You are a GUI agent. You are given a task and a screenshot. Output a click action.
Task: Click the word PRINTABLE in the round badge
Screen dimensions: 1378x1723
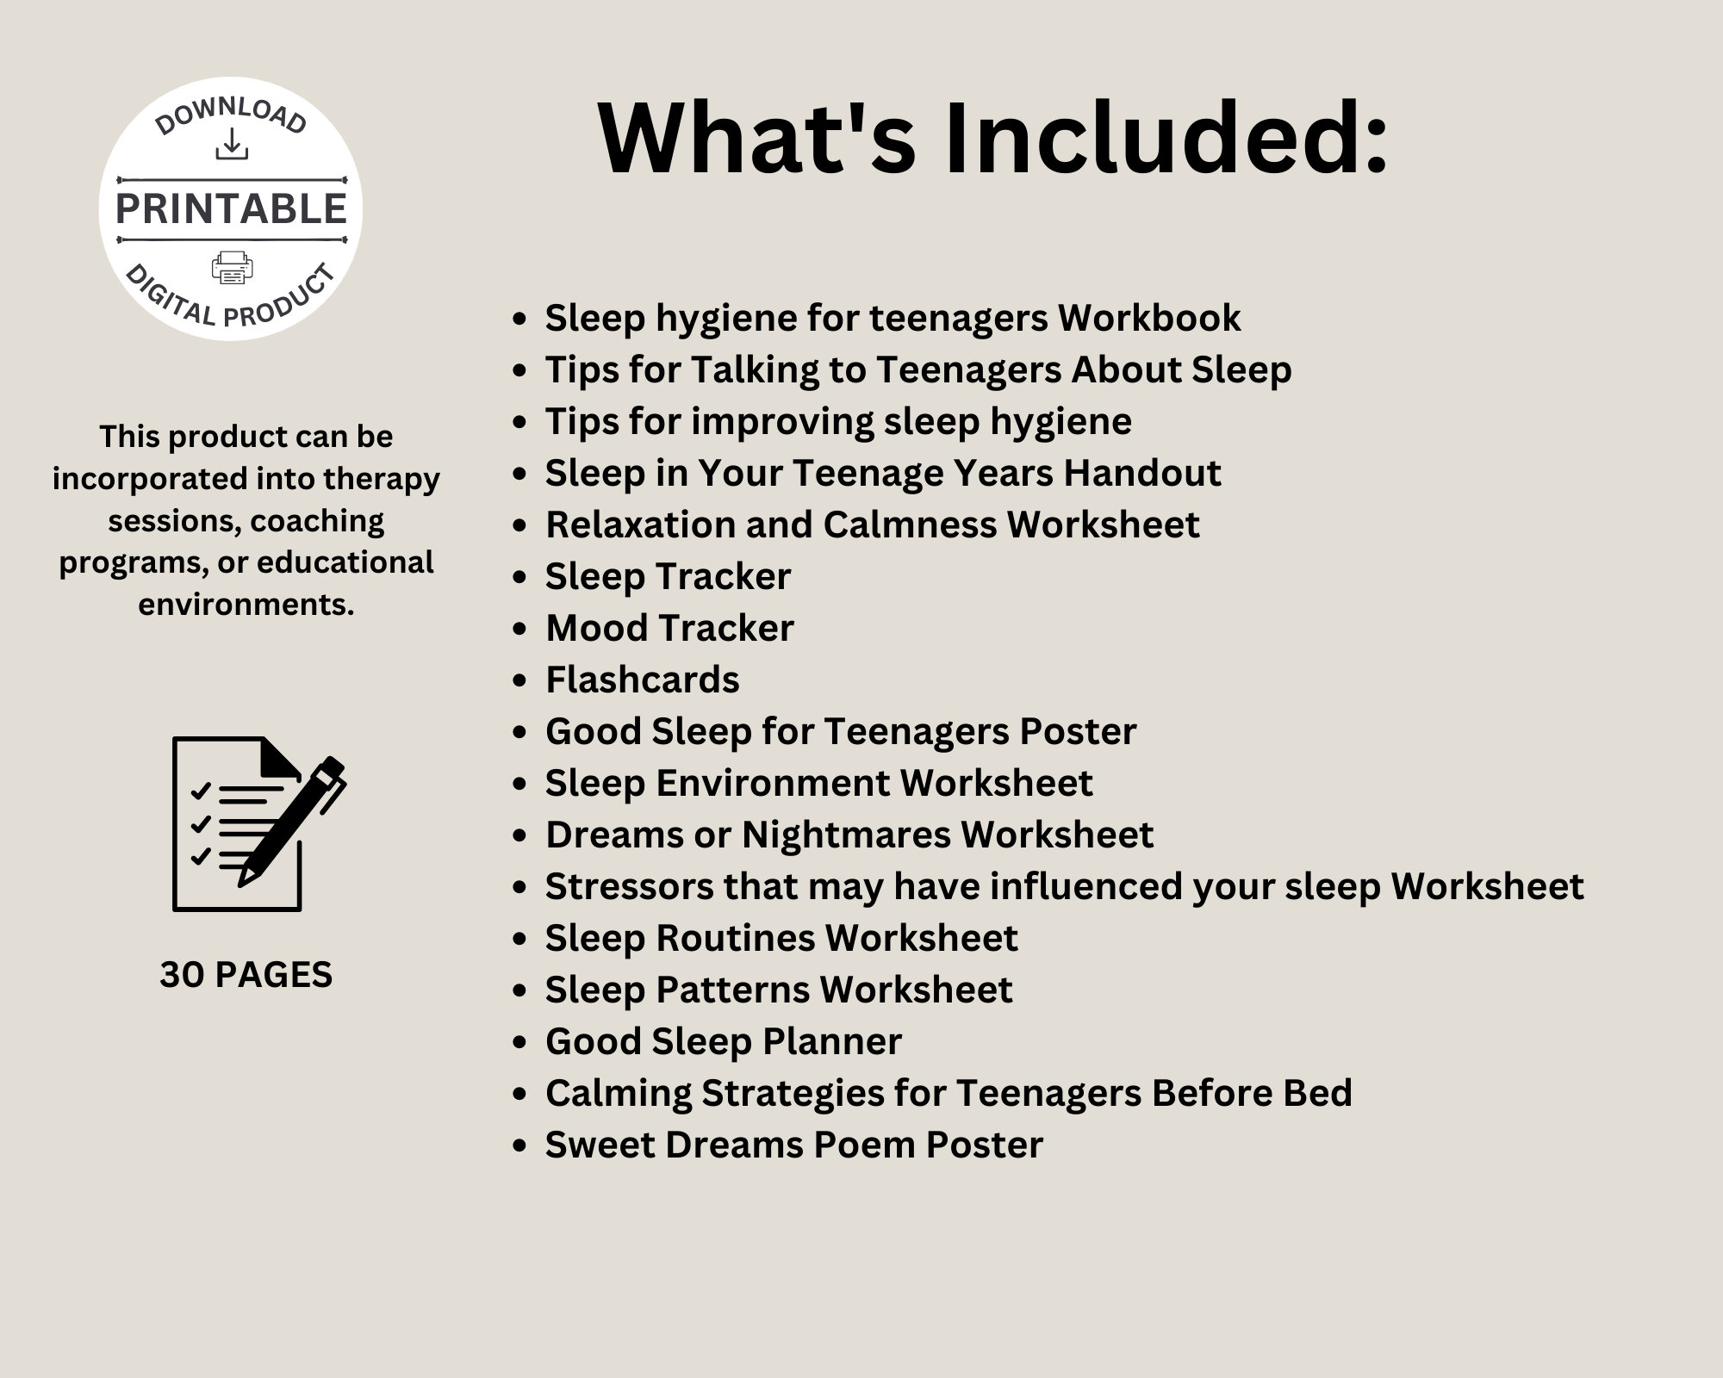[231, 209]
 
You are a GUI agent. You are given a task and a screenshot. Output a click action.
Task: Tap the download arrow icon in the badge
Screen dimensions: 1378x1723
[231, 145]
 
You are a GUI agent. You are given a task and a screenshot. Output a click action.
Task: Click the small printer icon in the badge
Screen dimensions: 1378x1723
[232, 268]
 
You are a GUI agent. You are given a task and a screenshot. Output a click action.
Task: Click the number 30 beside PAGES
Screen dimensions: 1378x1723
[182, 975]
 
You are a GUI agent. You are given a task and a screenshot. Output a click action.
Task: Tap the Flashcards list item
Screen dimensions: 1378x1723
[642, 680]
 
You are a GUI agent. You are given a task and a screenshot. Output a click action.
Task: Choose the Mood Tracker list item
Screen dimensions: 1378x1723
[669, 628]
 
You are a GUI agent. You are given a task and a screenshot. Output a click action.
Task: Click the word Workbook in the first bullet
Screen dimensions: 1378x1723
[1149, 318]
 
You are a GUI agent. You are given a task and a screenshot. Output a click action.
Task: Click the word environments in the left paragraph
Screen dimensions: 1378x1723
[246, 605]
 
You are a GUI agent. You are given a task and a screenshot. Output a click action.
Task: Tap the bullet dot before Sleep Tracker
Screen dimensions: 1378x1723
[519, 577]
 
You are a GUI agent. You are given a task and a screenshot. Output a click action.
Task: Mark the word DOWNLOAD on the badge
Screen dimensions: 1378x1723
[231, 115]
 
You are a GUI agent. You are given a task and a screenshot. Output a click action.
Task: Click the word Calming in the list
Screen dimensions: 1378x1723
[618, 1093]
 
